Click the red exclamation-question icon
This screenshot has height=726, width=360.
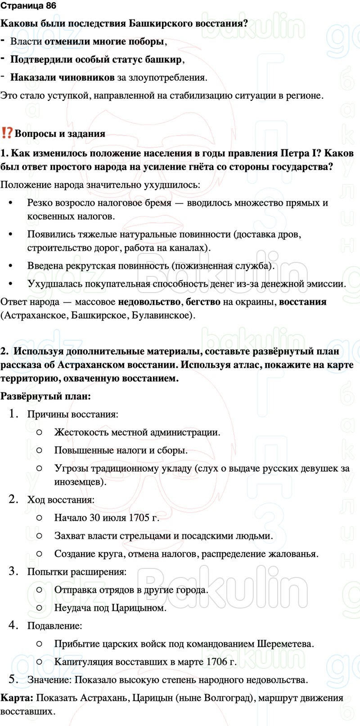[x=7, y=133]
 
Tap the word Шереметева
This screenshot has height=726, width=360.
[x=285, y=644]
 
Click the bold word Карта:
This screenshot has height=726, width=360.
[x=17, y=698]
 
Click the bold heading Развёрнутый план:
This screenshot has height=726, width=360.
[x=45, y=396]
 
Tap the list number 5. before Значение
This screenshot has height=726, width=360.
[x=13, y=680]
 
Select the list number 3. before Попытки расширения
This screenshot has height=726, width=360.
[x=13, y=572]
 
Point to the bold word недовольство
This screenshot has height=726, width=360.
[x=148, y=302]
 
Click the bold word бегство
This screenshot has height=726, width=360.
[x=203, y=302]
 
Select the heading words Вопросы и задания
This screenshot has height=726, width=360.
[x=60, y=134]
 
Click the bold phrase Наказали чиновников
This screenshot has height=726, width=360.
[x=62, y=77]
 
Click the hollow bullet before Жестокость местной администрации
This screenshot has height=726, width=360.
[x=39, y=432]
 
